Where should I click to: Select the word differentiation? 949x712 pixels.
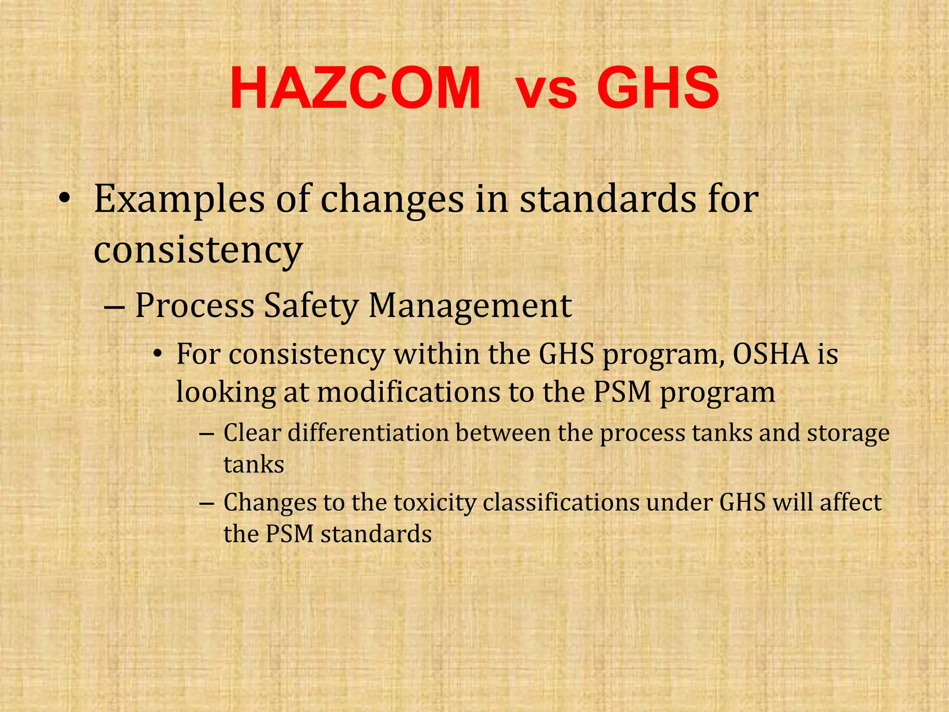click(368, 433)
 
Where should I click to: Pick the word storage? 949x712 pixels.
click(848, 434)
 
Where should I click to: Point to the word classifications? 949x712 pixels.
click(561, 502)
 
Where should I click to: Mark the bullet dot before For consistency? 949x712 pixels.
click(158, 356)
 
